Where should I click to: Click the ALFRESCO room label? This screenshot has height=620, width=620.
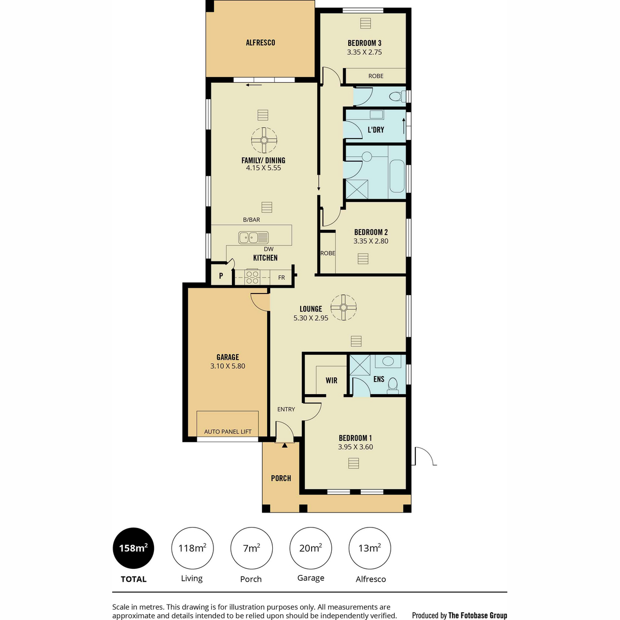(x=260, y=42)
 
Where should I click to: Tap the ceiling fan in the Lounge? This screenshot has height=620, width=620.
(x=343, y=307)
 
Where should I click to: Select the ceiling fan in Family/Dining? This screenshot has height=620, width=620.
(x=264, y=140)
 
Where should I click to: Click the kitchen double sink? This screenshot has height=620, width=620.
(x=253, y=238)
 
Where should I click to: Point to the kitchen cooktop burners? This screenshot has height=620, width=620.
(x=252, y=277)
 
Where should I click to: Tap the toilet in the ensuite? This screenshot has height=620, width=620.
(x=392, y=386)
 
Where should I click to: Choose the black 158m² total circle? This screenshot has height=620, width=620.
(x=133, y=548)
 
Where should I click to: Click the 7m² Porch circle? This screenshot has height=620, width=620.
(x=251, y=548)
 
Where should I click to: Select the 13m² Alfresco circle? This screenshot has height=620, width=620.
(x=370, y=548)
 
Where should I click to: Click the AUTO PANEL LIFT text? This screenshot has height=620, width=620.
(x=228, y=431)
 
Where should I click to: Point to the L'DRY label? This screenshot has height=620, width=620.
(x=376, y=130)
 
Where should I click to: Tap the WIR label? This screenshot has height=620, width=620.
(x=331, y=380)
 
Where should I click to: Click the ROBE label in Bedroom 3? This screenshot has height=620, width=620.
(x=376, y=76)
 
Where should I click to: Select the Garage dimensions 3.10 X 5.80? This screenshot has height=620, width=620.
(x=228, y=366)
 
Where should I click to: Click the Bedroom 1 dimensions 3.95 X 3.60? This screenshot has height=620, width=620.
(x=355, y=446)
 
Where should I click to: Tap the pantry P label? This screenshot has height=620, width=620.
(x=221, y=276)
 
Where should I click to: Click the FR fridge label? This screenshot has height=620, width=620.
(x=282, y=277)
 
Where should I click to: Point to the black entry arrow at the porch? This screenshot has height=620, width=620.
(x=284, y=445)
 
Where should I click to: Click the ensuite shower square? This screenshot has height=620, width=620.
(x=360, y=365)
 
